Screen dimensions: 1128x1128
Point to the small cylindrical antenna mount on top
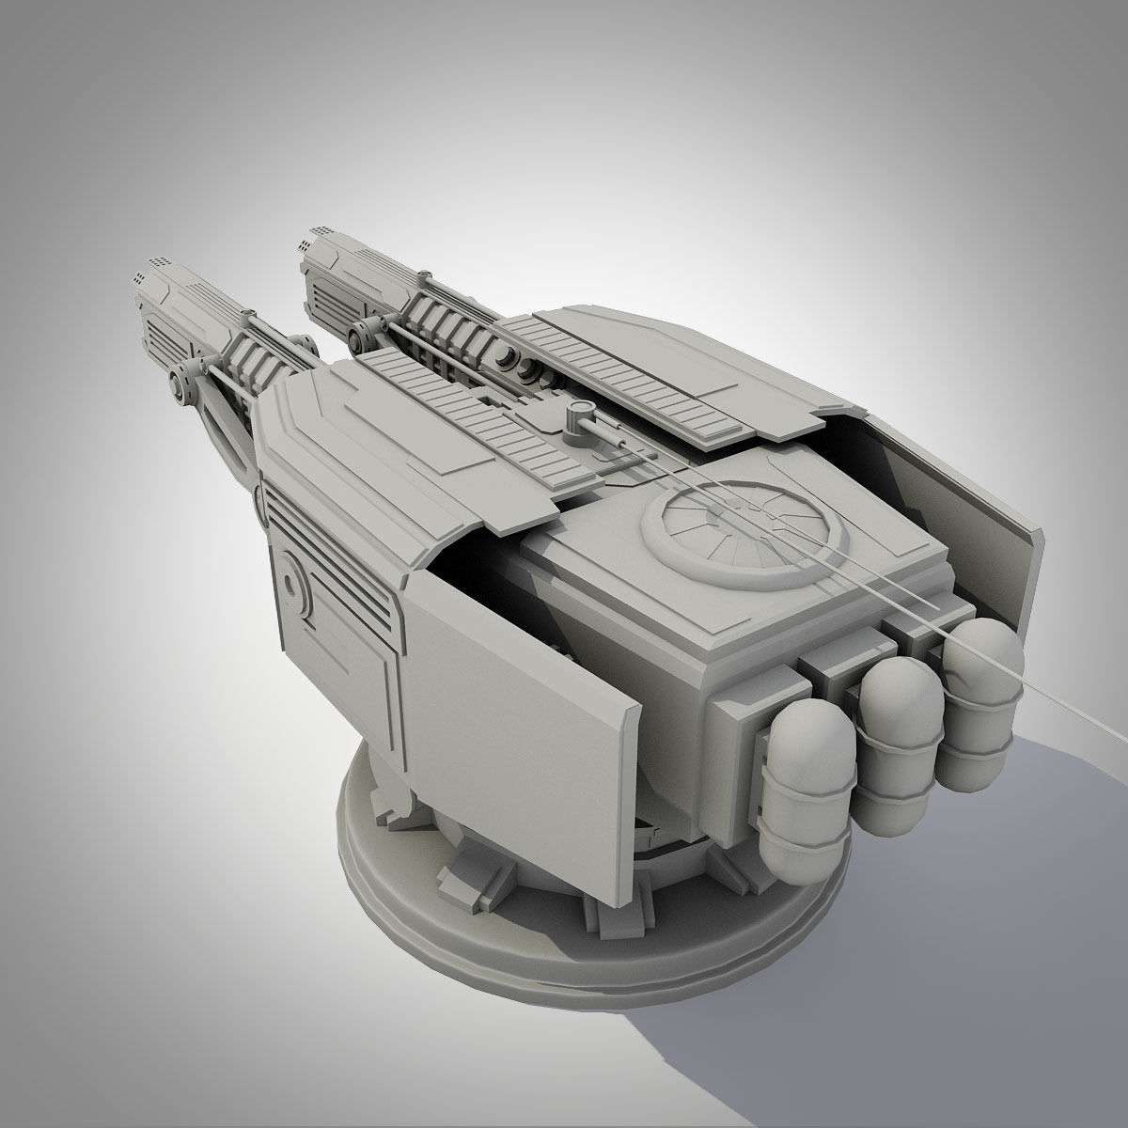click(x=576, y=415)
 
